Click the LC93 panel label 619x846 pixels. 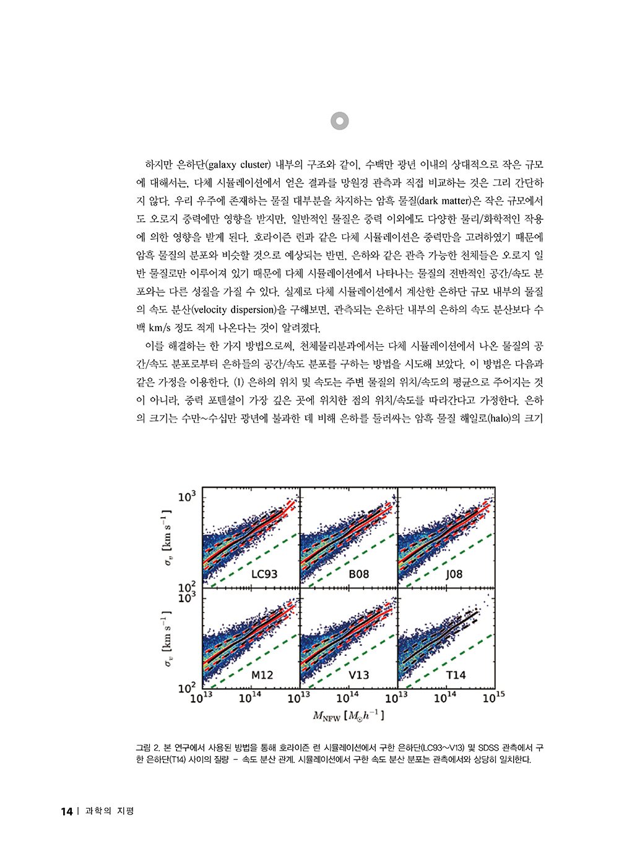pos(264,573)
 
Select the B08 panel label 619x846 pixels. pos(358,573)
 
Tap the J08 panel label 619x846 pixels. pos(454,573)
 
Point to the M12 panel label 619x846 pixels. pos(262,674)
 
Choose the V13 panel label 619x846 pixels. pos(358,674)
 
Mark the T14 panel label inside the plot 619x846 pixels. pos(456,674)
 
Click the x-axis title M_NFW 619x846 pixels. pos(348,717)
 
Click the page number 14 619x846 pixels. pos(67,811)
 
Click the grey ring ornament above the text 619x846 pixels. pos(340,121)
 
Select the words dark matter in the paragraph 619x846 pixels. pos(444,201)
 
